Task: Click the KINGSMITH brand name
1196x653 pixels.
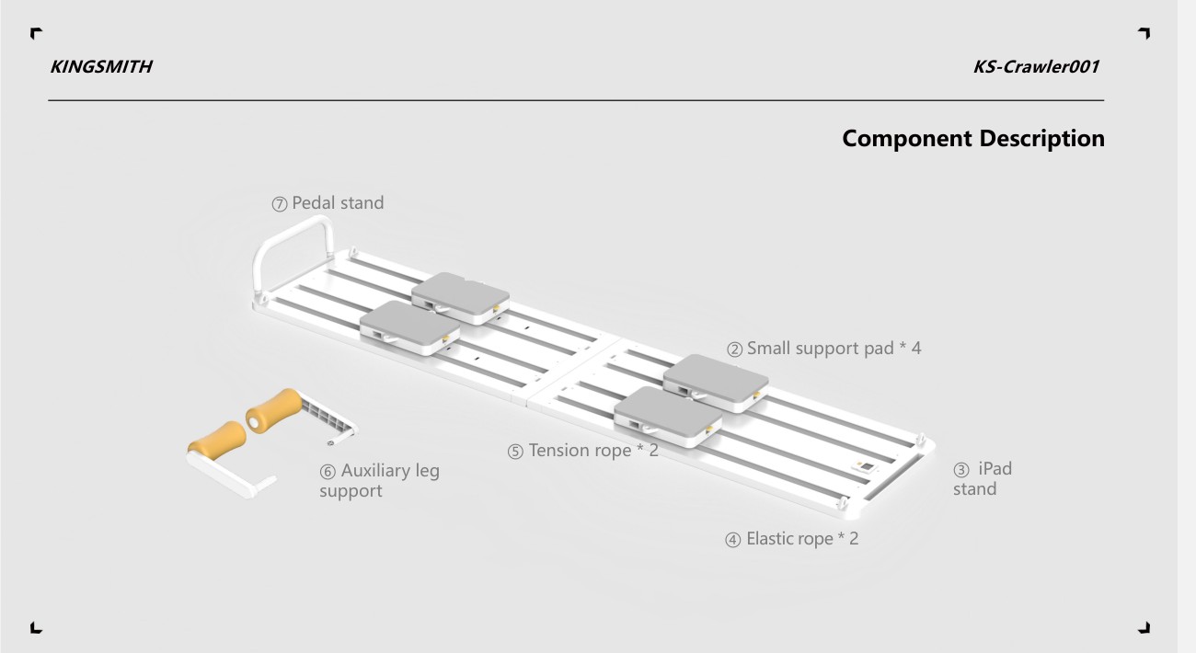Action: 101,67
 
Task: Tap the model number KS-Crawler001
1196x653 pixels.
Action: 1036,67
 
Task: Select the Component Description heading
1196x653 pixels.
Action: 973,139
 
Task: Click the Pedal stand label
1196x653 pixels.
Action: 328,203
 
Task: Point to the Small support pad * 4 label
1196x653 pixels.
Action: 824,349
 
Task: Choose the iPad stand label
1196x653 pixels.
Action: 983,478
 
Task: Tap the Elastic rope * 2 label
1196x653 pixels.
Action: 792,539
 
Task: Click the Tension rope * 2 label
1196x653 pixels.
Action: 583,451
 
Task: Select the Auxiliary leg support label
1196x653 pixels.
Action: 379,481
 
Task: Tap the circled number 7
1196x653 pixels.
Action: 280,204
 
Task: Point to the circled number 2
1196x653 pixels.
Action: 735,349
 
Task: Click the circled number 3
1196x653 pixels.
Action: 960,470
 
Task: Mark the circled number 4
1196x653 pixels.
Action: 733,540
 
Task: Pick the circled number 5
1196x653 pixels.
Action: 515,452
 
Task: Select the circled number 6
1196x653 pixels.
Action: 328,472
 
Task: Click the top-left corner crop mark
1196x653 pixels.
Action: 36,33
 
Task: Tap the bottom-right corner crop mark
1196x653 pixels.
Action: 1144,628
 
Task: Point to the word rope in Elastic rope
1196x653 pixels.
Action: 813,539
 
